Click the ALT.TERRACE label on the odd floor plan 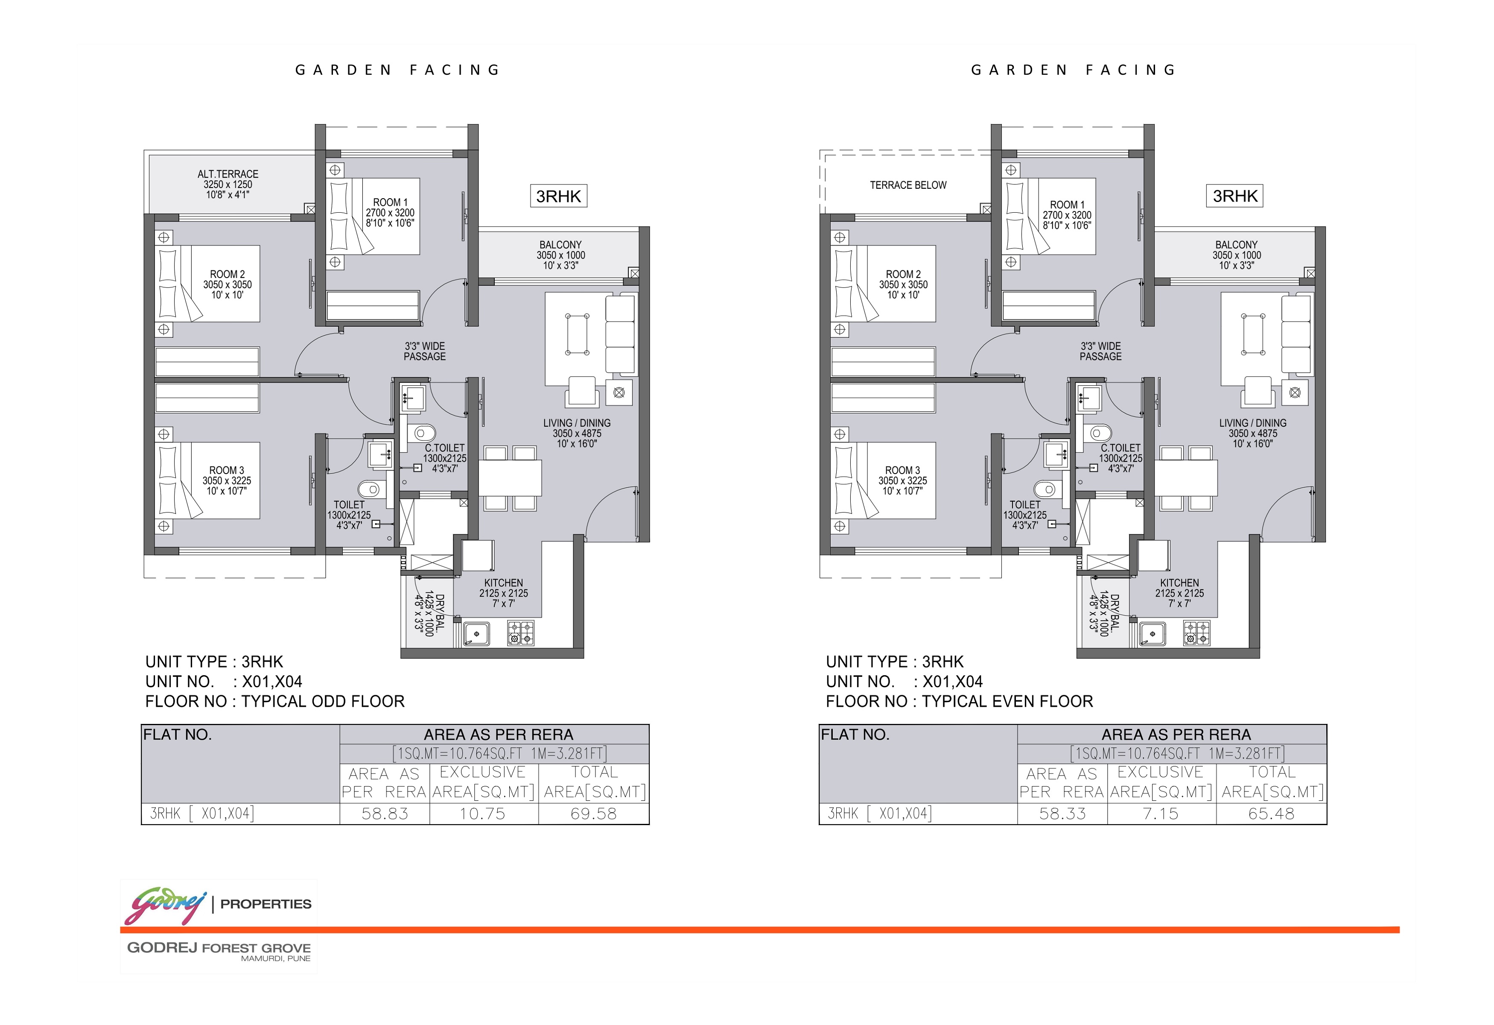tap(228, 174)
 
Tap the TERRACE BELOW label tap(908, 185)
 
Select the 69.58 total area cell tap(593, 814)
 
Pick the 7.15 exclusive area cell tap(1160, 814)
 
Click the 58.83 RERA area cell tap(385, 814)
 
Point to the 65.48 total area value tap(1271, 814)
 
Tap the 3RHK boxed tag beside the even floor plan tap(1234, 196)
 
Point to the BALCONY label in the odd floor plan tap(560, 245)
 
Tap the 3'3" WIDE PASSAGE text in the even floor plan tap(1100, 351)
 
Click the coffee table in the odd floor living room tap(577, 334)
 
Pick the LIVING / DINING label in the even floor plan tap(1253, 423)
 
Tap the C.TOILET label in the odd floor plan tap(444, 448)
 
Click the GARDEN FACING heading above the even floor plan tap(1073, 70)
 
